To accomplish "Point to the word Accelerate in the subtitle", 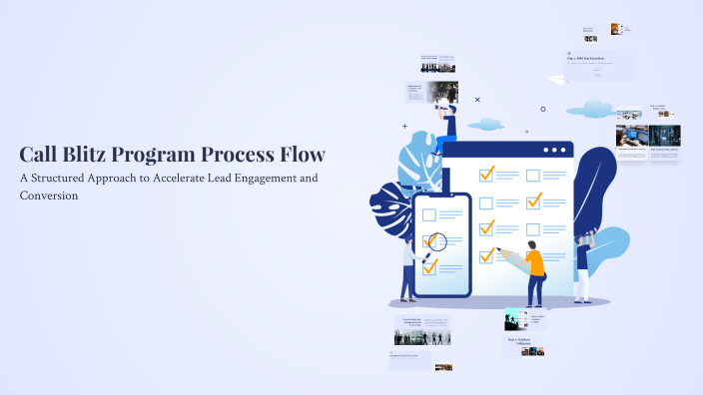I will point(201,178).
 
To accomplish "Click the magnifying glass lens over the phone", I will point(435,240).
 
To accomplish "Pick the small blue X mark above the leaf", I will point(477,100).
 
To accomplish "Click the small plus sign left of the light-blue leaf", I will point(404,127).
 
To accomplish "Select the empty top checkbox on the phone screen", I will point(428,214).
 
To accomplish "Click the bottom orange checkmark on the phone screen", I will point(429,266).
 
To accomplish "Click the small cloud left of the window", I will point(486,124).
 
